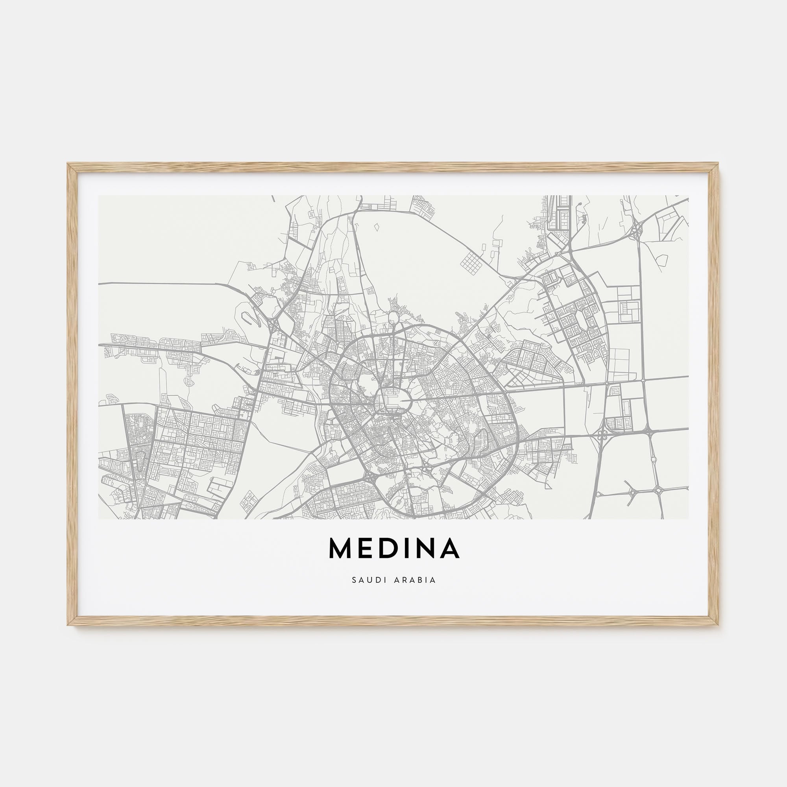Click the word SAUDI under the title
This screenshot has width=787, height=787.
pyautogui.click(x=365, y=580)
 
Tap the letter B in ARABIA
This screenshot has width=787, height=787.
pyautogui.click(x=424, y=580)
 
